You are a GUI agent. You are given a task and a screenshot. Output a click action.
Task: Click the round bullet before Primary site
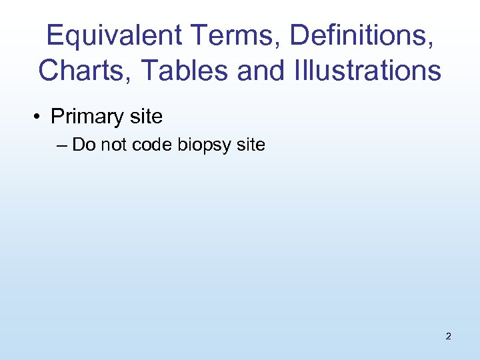(40, 117)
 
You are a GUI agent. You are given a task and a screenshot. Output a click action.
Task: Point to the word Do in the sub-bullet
(83, 144)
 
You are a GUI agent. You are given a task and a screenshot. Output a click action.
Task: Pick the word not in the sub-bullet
(111, 144)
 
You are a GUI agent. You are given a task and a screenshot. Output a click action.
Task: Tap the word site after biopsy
(251, 144)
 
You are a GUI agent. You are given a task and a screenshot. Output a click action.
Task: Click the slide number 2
(448, 336)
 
